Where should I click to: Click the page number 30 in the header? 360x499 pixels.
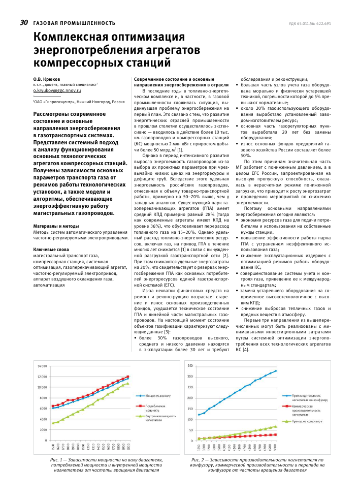(24, 22)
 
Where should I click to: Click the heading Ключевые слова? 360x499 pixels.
(51, 250)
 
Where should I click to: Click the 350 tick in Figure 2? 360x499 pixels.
(190, 366)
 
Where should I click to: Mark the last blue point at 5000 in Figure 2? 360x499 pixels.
(276, 371)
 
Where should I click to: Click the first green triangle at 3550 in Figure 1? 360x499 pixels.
(53, 423)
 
